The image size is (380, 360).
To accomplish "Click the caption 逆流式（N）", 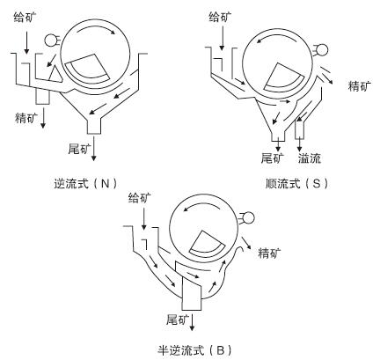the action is (x=86, y=184).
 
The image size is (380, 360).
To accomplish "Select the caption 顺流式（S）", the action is (x=296, y=184).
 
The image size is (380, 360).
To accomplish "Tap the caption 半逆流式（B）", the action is (x=195, y=350).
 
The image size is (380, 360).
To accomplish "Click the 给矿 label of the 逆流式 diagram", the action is (x=26, y=17).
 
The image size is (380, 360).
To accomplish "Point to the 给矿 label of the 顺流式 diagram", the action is (x=221, y=17).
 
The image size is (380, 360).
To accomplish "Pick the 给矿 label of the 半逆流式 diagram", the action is (x=140, y=198).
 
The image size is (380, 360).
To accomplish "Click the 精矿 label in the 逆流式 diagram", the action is (x=26, y=118).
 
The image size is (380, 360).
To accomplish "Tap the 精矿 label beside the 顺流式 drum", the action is (x=360, y=85).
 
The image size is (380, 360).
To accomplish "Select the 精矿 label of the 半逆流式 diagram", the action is (x=269, y=253).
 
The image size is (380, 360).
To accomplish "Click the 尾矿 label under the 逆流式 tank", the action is (x=80, y=149).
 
